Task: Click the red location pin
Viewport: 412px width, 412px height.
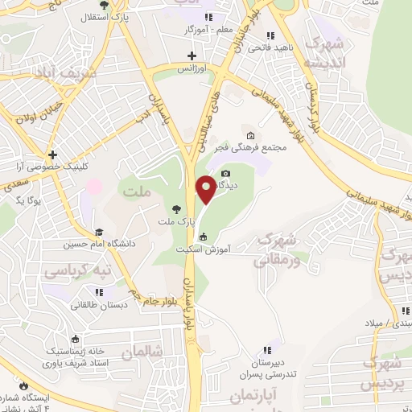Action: (x=206, y=189)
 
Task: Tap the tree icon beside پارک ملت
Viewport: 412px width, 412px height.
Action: (x=175, y=208)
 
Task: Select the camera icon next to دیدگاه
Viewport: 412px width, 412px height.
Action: (x=225, y=173)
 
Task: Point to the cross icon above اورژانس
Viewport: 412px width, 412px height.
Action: (x=192, y=56)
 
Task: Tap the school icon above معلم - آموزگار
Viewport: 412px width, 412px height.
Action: (x=208, y=17)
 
